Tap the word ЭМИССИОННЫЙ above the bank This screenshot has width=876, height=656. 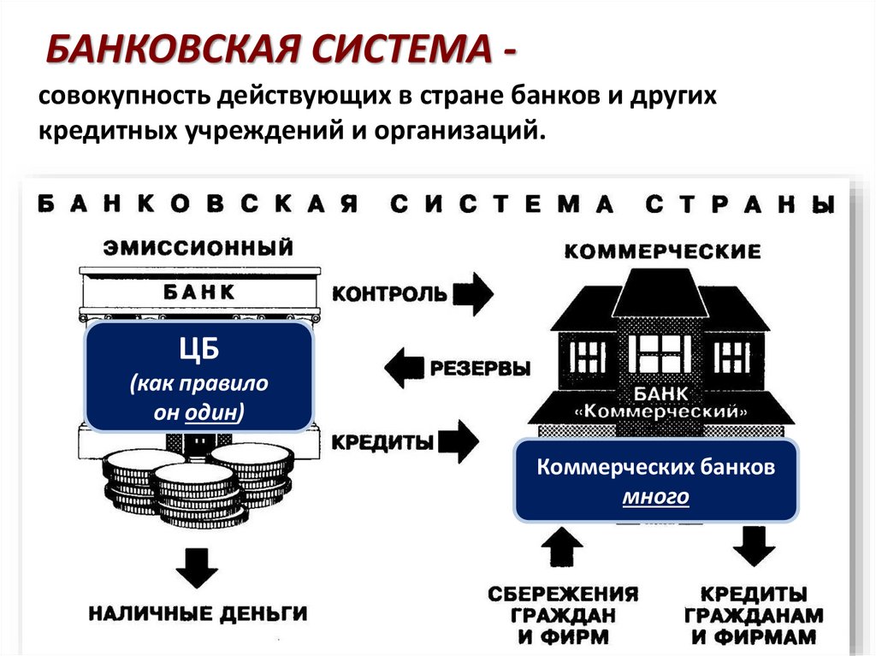point(199,248)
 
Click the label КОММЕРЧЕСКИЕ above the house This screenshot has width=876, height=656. point(663,251)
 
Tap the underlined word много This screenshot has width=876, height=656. point(656,496)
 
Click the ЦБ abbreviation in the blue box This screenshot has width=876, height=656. point(198,351)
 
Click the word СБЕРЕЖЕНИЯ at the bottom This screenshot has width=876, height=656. point(563,594)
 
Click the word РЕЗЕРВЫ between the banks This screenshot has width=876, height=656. point(479,369)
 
